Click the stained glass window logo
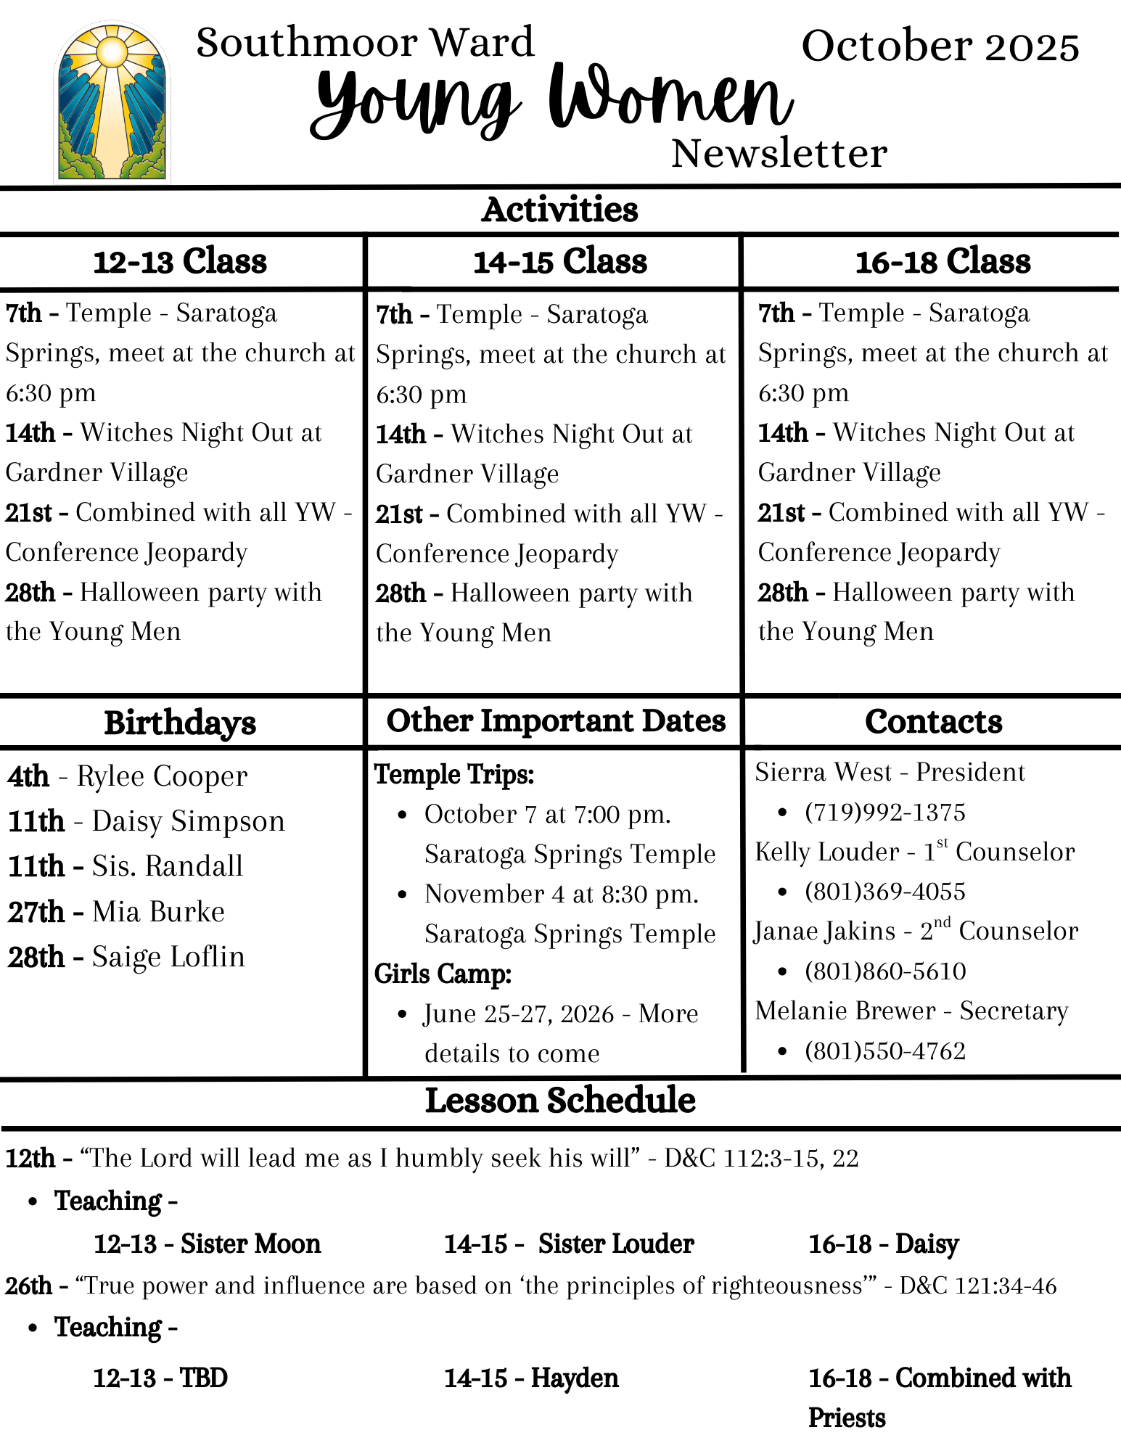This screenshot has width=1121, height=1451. (112, 102)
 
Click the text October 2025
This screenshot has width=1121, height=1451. (940, 46)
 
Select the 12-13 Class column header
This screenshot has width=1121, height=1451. (180, 261)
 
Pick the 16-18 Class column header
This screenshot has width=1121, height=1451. (943, 261)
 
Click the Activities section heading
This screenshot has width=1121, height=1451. (560, 210)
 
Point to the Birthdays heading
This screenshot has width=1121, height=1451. (180, 723)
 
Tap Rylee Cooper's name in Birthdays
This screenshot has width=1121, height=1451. (162, 776)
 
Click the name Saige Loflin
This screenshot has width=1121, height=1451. (168, 957)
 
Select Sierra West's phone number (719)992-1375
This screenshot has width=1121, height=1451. (885, 813)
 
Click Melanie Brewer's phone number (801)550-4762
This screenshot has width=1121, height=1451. (885, 1051)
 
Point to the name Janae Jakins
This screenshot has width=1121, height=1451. (825, 932)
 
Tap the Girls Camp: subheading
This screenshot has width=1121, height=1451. (443, 974)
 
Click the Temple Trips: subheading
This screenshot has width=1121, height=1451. (454, 775)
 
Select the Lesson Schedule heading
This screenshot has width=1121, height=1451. (560, 1101)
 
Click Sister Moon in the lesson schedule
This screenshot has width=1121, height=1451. (250, 1244)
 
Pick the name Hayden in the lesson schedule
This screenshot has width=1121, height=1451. (575, 1378)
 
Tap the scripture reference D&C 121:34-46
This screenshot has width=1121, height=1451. (978, 1286)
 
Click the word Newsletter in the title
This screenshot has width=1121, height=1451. (779, 154)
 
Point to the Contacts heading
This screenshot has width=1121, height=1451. (934, 722)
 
